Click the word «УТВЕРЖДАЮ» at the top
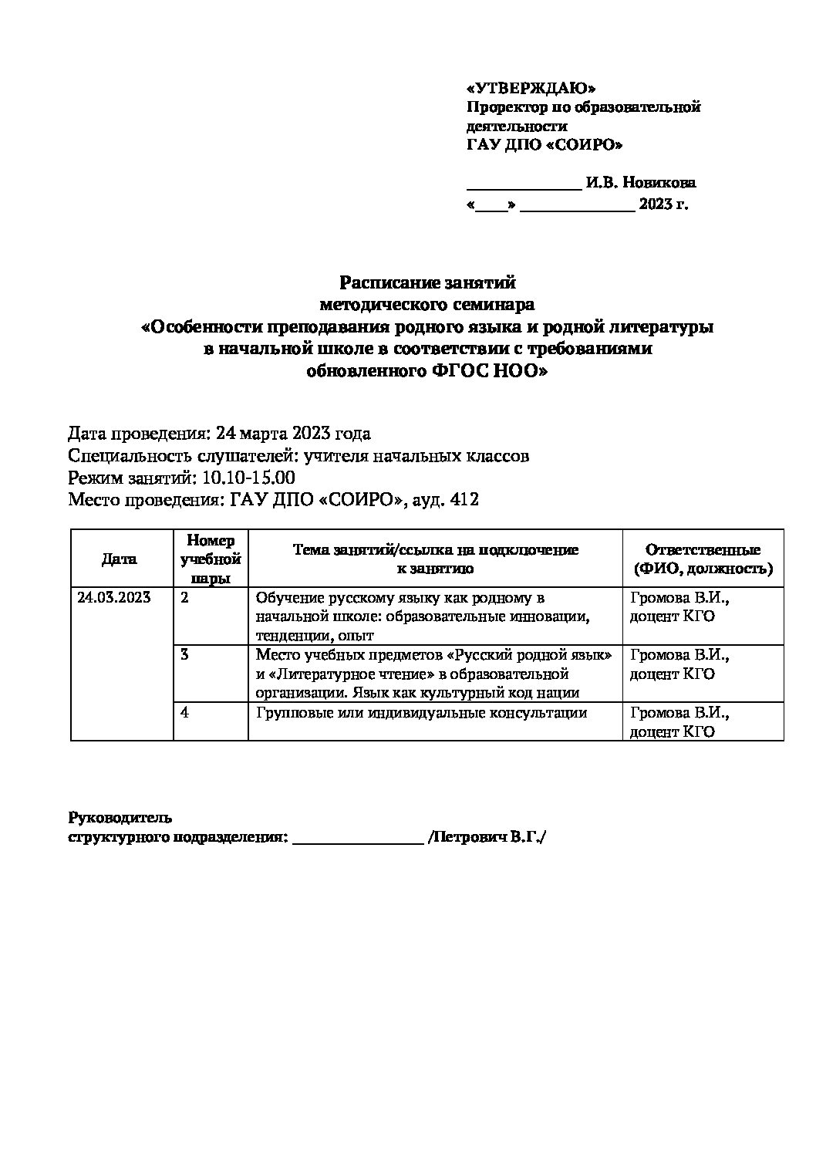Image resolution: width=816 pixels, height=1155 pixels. click(x=531, y=88)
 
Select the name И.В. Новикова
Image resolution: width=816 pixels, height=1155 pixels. click(x=640, y=183)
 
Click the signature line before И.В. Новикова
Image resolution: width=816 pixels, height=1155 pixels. click(x=524, y=186)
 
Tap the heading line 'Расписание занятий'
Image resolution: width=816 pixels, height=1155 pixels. click(x=427, y=282)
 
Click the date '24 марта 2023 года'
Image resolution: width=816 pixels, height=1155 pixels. click(x=293, y=433)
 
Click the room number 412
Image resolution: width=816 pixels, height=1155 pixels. click(x=465, y=500)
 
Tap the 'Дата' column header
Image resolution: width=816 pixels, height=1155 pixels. click(x=120, y=559)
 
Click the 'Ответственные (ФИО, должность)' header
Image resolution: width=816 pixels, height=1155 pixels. click(x=702, y=559)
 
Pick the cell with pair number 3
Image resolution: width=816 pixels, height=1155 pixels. click(x=184, y=655)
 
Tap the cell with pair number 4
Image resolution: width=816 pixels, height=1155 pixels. click(x=184, y=712)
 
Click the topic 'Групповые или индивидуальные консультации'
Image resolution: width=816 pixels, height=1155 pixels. click(x=421, y=712)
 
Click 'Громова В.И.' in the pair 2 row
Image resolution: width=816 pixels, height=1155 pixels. click(x=679, y=597)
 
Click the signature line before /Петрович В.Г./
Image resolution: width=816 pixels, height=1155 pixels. click(x=358, y=841)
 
